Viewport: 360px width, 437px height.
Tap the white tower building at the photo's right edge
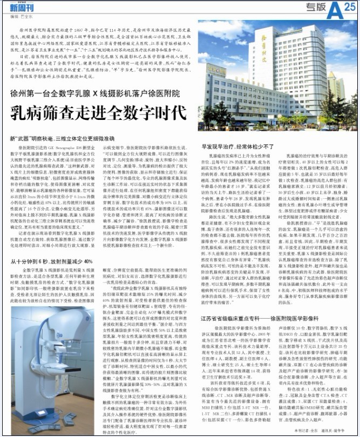click(335, 86)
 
